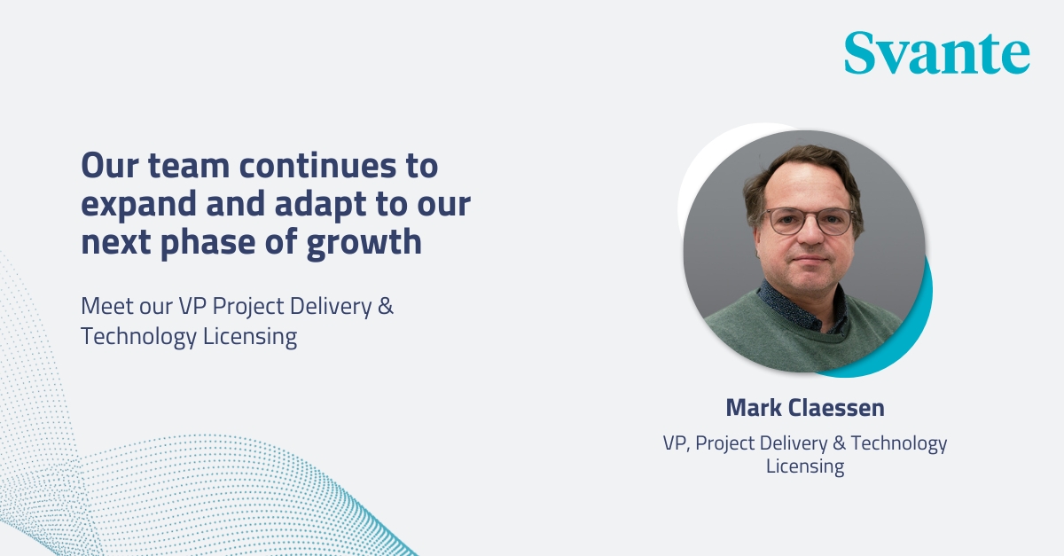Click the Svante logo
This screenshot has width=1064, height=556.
936,52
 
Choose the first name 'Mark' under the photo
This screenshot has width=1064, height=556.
754,408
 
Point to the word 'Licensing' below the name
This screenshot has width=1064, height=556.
804,466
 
